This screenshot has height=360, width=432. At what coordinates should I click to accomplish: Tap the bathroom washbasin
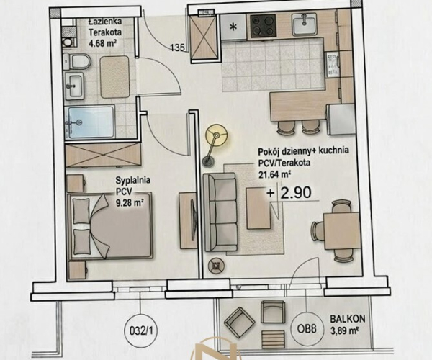click(74, 85)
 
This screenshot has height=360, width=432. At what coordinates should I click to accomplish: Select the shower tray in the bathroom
click(91, 122)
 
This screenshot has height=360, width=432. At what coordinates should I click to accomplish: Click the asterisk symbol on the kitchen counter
click(233, 27)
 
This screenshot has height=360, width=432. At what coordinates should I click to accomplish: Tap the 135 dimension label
click(178, 48)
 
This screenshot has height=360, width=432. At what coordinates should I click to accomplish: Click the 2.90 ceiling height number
click(296, 192)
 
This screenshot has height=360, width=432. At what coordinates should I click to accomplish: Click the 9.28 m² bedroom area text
click(130, 203)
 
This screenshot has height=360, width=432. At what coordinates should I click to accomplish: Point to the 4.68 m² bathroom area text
click(102, 43)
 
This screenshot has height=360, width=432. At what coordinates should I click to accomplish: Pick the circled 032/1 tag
click(140, 330)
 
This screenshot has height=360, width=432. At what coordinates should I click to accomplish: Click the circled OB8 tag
click(307, 330)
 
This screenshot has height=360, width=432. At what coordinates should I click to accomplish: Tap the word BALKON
click(348, 319)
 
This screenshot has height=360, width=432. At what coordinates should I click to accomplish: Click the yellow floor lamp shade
click(217, 135)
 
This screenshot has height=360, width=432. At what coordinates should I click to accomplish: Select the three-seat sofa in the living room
click(220, 212)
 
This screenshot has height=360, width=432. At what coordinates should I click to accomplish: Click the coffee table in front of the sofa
click(258, 208)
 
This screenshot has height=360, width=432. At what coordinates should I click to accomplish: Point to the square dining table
click(341, 231)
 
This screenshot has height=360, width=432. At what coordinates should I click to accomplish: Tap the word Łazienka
click(105, 22)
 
